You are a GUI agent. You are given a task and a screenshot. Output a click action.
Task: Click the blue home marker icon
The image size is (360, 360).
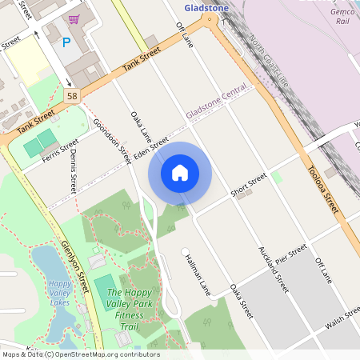pos(180,172)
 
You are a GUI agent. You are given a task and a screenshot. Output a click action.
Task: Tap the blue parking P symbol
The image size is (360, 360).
pos(66,42)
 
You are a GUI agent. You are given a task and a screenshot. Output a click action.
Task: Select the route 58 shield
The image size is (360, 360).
pos(71,95)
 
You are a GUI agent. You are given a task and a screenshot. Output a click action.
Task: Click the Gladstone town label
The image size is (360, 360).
pos(206,8)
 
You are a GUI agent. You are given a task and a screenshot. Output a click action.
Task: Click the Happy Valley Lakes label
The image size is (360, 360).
pos(59,293)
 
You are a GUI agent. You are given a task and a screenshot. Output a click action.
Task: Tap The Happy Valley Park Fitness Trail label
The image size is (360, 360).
pos(129,304)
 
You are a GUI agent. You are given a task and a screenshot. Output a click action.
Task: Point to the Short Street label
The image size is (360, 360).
pos(248,186)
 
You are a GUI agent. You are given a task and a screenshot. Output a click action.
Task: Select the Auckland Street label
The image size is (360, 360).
pos(272,267)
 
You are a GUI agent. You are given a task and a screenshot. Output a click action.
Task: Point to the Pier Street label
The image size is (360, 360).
pos(291,255)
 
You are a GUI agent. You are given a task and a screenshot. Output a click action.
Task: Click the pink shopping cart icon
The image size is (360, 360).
pos(74,19)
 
